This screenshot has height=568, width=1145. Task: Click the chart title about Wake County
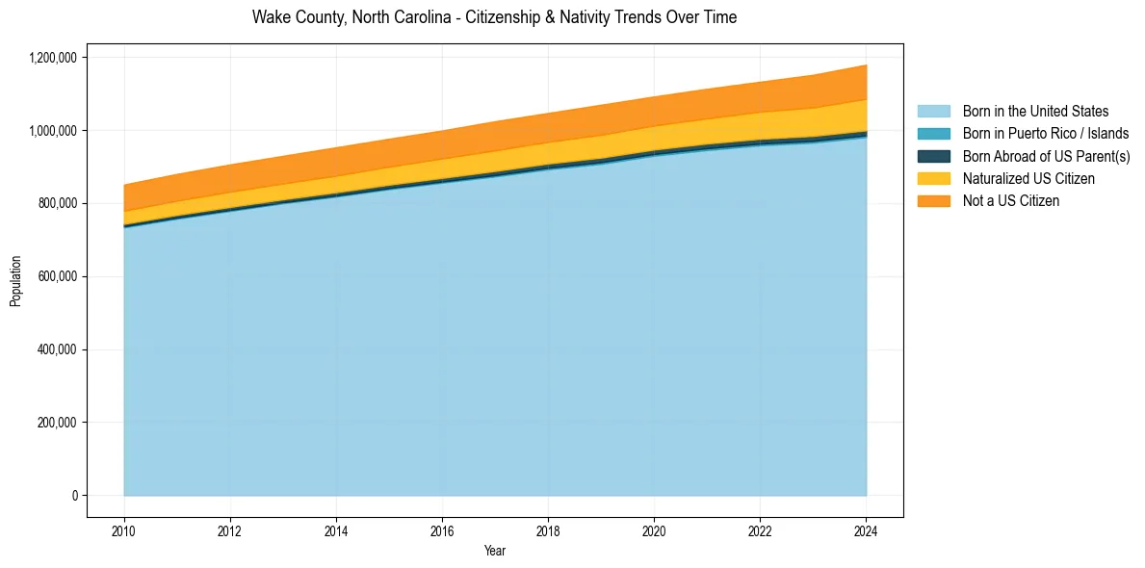click(494, 17)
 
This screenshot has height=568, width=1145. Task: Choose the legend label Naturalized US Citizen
click(1028, 179)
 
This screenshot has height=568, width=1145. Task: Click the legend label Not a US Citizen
click(1010, 201)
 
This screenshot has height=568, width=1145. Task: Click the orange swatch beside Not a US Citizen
click(933, 201)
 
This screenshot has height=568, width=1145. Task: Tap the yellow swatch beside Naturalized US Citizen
click(933, 179)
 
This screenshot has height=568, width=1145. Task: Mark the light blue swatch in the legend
click(933, 112)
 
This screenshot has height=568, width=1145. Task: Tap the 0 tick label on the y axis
click(74, 496)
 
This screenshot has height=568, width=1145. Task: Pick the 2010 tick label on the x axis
click(124, 530)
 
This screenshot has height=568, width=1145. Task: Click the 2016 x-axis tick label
click(442, 530)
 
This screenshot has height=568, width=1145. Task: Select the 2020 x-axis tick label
click(654, 530)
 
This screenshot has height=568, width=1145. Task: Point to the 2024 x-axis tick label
click(866, 530)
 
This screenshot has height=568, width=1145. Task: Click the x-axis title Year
click(494, 552)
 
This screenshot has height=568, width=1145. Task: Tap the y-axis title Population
click(15, 281)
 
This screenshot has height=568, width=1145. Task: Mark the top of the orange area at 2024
click(866, 65)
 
